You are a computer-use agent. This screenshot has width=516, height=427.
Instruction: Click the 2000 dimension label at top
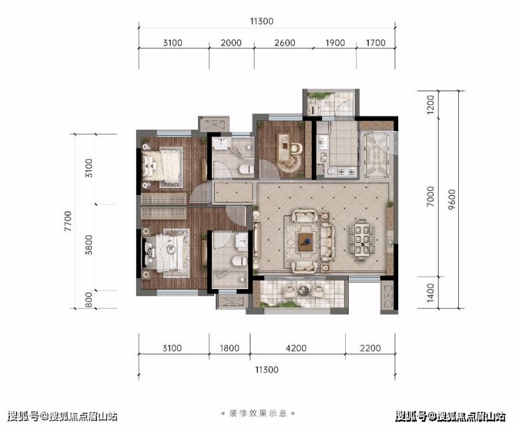click(231, 42)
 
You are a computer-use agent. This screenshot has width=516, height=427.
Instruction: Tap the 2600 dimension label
click(284, 42)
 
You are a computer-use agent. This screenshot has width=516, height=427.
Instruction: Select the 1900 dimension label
click(335, 42)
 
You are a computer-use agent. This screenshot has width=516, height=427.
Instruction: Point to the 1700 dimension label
click(375, 42)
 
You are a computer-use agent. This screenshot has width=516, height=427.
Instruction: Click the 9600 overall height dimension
click(452, 199)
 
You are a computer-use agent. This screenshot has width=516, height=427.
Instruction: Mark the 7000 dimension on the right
click(430, 196)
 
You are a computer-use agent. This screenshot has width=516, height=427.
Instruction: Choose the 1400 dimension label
click(430, 293)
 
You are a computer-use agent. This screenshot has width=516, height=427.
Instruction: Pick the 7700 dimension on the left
click(68, 222)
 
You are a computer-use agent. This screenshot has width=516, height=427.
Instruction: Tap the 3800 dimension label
click(89, 245)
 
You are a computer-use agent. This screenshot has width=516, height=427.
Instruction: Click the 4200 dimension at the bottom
click(296, 348)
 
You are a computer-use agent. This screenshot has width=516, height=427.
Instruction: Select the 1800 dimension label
click(229, 348)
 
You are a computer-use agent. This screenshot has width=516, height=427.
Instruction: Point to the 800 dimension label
click(89, 300)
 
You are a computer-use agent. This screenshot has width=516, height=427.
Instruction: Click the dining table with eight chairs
click(362, 240)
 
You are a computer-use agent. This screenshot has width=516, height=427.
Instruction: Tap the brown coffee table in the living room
click(305, 242)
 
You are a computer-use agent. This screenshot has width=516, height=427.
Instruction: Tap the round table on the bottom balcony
click(303, 290)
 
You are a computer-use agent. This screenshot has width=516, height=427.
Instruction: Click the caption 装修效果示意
click(258, 413)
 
